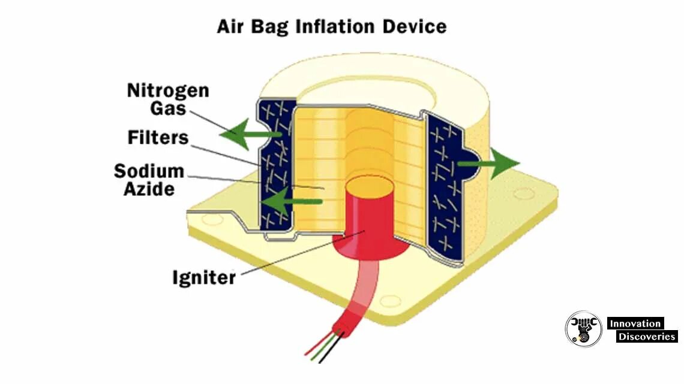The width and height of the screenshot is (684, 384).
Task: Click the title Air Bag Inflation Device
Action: click(x=332, y=26)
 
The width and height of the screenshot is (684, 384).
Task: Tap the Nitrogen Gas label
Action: click(x=167, y=99)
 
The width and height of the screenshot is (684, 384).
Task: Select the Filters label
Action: click(x=158, y=138)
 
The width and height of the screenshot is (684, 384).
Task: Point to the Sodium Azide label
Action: click(x=149, y=180)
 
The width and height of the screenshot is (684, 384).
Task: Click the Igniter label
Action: click(x=204, y=277)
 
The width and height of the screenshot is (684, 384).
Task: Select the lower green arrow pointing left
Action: click(x=288, y=202)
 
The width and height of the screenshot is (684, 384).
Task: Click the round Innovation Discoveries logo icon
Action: click(x=583, y=329)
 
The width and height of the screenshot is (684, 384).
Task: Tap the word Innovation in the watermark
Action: click(x=635, y=323)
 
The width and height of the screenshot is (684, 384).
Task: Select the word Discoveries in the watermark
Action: click(x=646, y=337)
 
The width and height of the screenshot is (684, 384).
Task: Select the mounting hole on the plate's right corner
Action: click(x=523, y=193)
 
